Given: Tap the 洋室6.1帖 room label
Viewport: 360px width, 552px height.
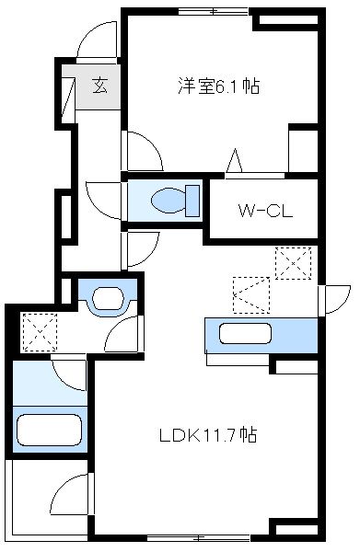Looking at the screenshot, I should click(217, 87).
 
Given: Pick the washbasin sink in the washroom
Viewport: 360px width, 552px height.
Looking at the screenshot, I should click(109, 297).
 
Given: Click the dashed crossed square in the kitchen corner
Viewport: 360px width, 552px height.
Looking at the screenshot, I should click(295, 264).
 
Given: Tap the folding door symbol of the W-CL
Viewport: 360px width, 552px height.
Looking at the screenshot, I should click(236, 162).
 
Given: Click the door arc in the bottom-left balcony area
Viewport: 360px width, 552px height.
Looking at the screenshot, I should click(68, 502).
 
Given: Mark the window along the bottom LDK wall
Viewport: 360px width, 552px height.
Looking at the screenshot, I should click(182, 536).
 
